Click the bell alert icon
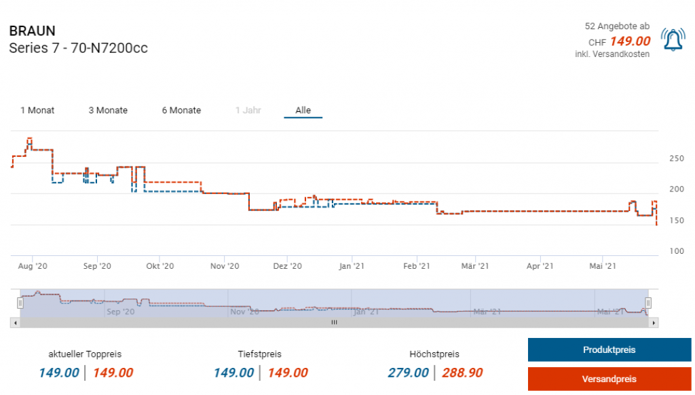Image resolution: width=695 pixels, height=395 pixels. point(673,41)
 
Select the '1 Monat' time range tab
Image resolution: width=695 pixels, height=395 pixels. point(37,110)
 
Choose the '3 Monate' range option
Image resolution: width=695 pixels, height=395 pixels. point(108,110)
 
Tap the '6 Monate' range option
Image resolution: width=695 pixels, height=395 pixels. point(181,110)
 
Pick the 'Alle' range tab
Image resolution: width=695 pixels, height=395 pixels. point(303,110)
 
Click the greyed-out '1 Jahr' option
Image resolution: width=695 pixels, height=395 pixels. point(248,110)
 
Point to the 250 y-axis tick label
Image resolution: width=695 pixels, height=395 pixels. point(677,159)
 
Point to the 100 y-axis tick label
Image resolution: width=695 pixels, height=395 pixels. point(677,251)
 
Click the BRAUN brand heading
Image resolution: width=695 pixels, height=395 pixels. point(33,31)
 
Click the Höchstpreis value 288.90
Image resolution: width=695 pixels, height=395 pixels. point(462,373)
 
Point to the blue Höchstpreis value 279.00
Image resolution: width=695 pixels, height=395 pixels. point(408,373)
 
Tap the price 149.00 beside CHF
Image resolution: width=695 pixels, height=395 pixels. point(630,41)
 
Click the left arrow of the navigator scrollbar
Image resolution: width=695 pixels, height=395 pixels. point(15,323)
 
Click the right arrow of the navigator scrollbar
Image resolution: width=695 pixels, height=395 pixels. point(654,323)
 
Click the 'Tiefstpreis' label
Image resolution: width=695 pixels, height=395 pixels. point(259,354)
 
